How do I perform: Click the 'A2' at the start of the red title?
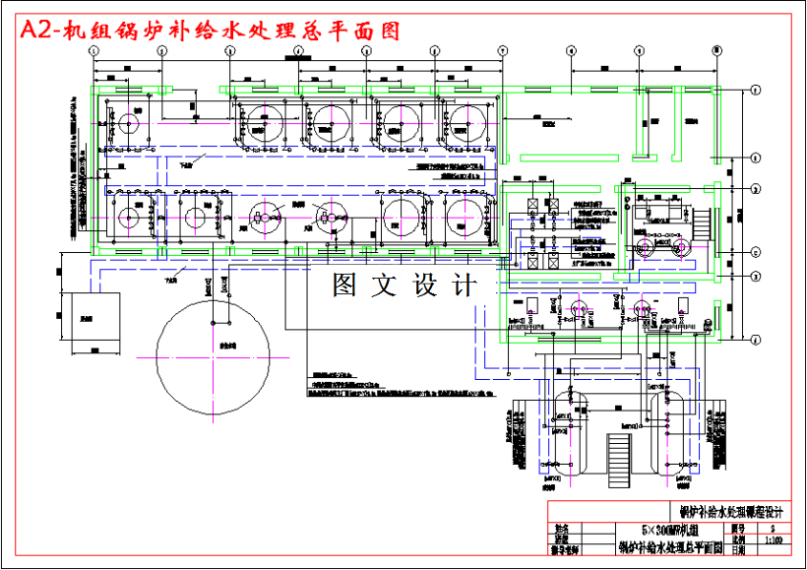36,31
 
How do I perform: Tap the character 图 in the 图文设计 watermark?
345,285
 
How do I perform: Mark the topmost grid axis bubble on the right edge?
754,91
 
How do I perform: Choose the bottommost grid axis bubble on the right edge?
754,341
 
